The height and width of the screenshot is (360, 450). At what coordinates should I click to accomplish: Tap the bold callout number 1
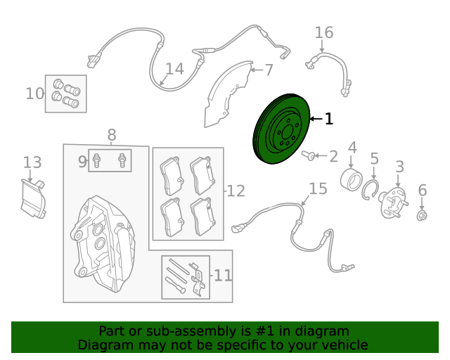point(329,119)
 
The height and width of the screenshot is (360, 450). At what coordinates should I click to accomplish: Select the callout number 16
point(324,33)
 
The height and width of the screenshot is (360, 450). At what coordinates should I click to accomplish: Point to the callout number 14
point(175,69)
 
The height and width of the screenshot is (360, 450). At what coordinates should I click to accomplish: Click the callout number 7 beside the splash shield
point(269,70)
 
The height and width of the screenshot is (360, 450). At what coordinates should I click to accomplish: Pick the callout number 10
point(35,94)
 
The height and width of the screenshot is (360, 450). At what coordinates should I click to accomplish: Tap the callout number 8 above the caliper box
point(112,135)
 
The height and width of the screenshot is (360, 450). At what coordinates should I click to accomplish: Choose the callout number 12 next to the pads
point(236,191)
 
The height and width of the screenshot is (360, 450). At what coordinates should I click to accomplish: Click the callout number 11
point(223,276)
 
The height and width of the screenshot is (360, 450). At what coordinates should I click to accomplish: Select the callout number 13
point(32,162)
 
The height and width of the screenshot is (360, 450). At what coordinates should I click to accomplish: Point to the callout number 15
point(318,189)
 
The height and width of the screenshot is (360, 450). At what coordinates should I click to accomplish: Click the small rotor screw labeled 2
point(308,155)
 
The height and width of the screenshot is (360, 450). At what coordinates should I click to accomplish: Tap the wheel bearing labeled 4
point(351,179)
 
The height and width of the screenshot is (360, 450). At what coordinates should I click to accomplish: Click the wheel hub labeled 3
point(393,202)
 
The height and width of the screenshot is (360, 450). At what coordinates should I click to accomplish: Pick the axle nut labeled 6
point(422,215)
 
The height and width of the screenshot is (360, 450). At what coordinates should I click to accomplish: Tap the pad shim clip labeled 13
point(33,199)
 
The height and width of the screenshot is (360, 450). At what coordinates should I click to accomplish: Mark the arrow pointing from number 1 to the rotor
point(316,119)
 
